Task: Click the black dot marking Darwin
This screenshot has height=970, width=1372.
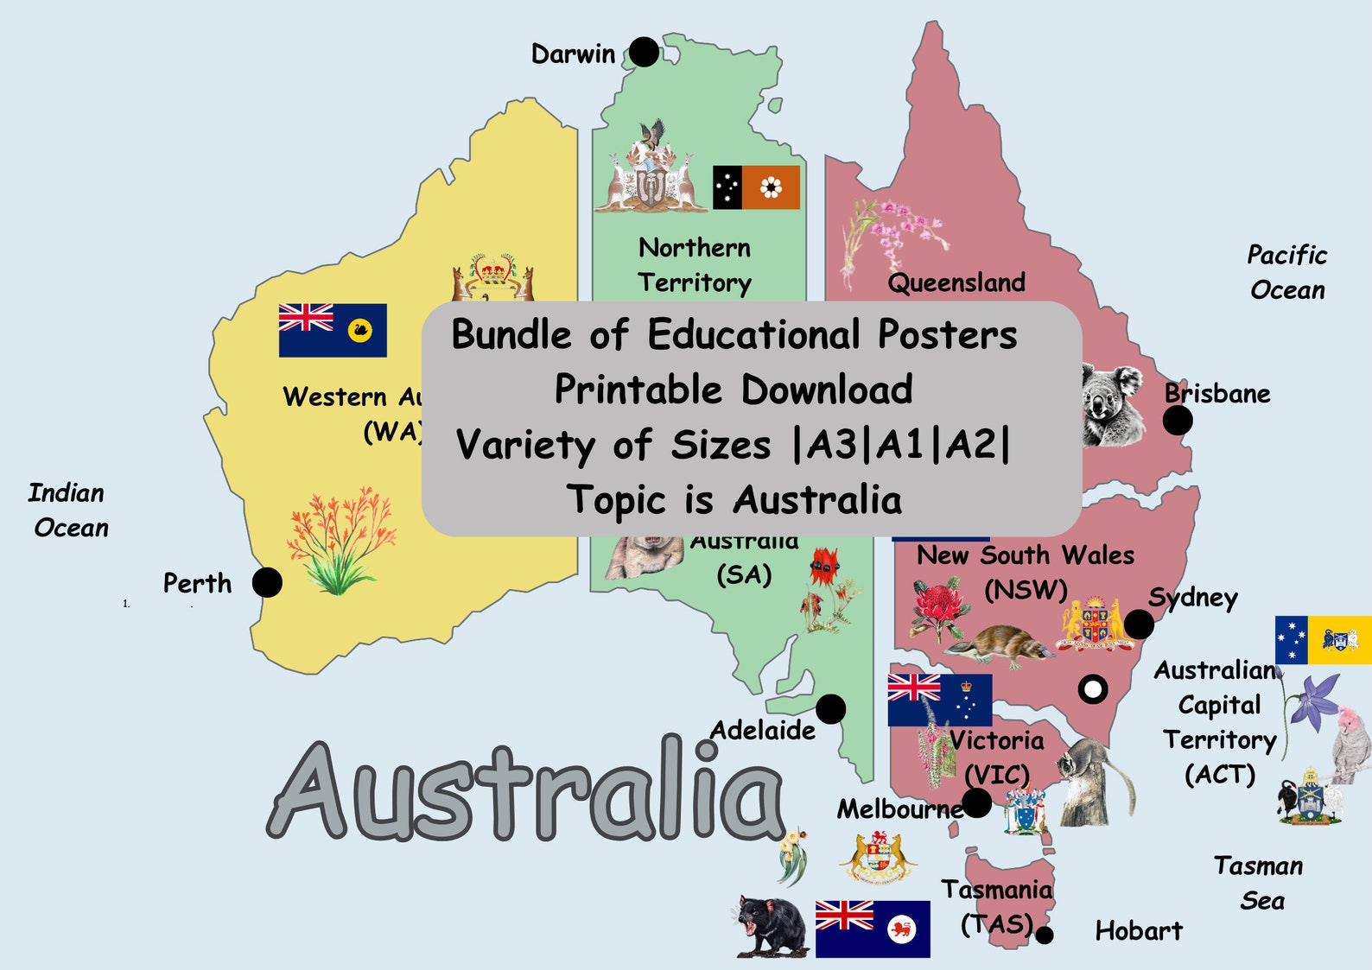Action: (x=644, y=52)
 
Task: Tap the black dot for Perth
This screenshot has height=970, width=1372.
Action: (x=267, y=582)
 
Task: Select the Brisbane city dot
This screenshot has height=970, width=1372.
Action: (x=1177, y=421)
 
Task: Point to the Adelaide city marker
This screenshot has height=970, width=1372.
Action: (x=830, y=709)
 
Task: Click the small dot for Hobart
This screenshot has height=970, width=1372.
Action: (x=1045, y=935)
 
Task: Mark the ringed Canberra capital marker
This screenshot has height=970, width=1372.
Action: (x=1093, y=688)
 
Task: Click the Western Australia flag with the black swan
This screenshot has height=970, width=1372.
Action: (x=333, y=330)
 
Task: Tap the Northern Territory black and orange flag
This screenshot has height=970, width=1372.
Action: (x=756, y=187)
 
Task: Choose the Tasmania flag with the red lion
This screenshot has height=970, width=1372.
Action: (x=873, y=929)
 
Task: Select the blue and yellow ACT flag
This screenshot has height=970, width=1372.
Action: (x=1323, y=640)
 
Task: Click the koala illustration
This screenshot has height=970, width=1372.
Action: (x=1109, y=403)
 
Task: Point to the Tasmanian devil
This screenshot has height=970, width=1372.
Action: (x=772, y=926)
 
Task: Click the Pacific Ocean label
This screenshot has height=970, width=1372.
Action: (x=1286, y=272)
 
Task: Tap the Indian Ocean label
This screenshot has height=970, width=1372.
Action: (x=68, y=510)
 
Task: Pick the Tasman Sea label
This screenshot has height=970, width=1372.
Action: (x=1260, y=883)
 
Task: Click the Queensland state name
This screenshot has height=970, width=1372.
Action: (x=956, y=282)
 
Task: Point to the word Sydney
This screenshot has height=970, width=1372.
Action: (x=1192, y=598)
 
